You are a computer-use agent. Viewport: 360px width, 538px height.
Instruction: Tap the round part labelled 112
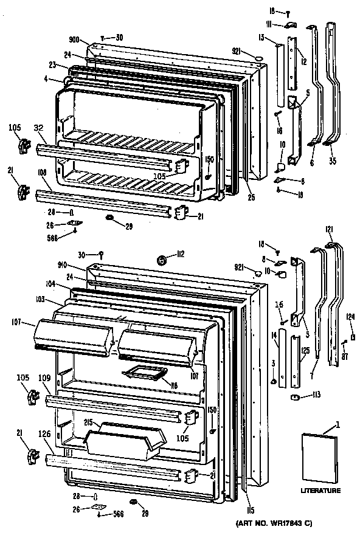(x=162, y=260)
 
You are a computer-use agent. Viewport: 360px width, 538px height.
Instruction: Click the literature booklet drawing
(x=319, y=456)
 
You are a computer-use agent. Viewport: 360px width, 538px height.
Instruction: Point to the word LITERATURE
(x=320, y=490)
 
